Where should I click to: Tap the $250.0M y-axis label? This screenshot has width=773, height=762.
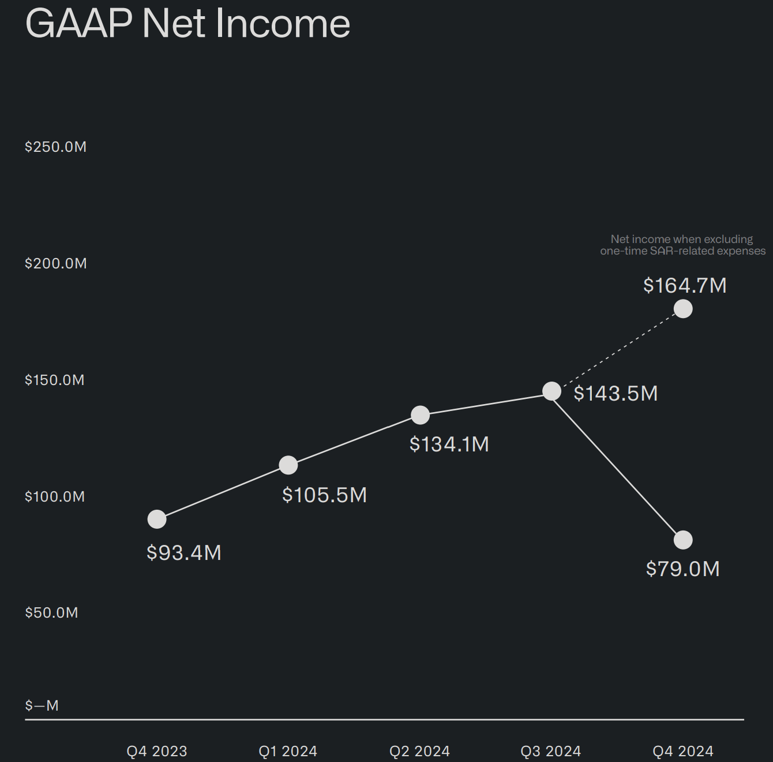click(x=55, y=147)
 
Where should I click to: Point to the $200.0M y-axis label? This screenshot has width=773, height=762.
click(x=55, y=263)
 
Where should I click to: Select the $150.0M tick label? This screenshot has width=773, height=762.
click(x=55, y=380)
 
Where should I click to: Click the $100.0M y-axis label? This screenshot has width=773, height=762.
click(x=55, y=496)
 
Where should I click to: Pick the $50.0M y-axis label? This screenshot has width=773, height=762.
click(x=51, y=612)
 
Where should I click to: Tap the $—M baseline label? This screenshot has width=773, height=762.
click(x=42, y=705)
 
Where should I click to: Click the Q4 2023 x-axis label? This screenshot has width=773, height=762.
click(x=157, y=751)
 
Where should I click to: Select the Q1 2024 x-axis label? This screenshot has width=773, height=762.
click(x=288, y=751)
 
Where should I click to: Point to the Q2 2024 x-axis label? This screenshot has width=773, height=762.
click(x=419, y=751)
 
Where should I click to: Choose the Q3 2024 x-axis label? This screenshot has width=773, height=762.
click(x=551, y=751)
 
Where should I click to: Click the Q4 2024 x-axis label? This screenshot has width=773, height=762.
click(x=683, y=751)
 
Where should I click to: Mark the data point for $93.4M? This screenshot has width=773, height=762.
click(x=157, y=520)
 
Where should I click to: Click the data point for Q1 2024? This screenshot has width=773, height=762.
click(x=288, y=465)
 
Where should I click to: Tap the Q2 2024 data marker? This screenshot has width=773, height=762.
click(x=420, y=415)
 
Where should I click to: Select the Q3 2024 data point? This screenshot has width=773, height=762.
click(x=551, y=391)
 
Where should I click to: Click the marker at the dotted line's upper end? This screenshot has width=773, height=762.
click(x=683, y=309)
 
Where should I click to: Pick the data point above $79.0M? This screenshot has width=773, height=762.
click(x=683, y=540)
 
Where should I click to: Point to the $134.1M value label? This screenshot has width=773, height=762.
click(x=449, y=444)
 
